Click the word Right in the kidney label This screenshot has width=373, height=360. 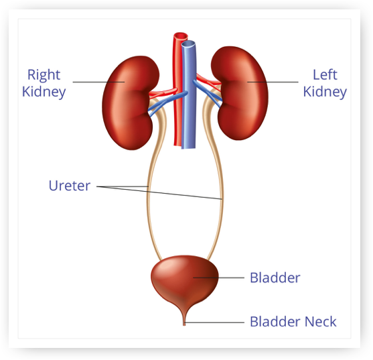pyautogui.click(x=44, y=75)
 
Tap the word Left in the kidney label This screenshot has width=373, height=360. pyautogui.click(x=325, y=75)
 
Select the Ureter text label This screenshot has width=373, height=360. pyautogui.click(x=70, y=186)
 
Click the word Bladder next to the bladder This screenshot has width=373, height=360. pyautogui.click(x=275, y=278)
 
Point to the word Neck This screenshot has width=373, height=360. pyautogui.click(x=320, y=322)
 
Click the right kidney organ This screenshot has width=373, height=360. pyautogui.click(x=129, y=103)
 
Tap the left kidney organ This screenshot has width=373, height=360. pyautogui.click(x=240, y=93)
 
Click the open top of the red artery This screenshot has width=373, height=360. pyautogui.click(x=181, y=36)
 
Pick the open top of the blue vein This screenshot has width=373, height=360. pyautogui.click(x=188, y=44)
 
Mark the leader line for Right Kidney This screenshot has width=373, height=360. pyautogui.click(x=98, y=82)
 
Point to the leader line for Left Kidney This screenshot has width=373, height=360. pyautogui.click(x=273, y=82)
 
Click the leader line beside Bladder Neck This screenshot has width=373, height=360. pyautogui.click(x=214, y=322)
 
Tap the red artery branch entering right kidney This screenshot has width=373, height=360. pyautogui.click(x=163, y=93)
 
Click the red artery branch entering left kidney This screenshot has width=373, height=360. pyautogui.click(x=208, y=80)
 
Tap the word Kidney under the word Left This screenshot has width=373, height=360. pyautogui.click(x=325, y=93)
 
